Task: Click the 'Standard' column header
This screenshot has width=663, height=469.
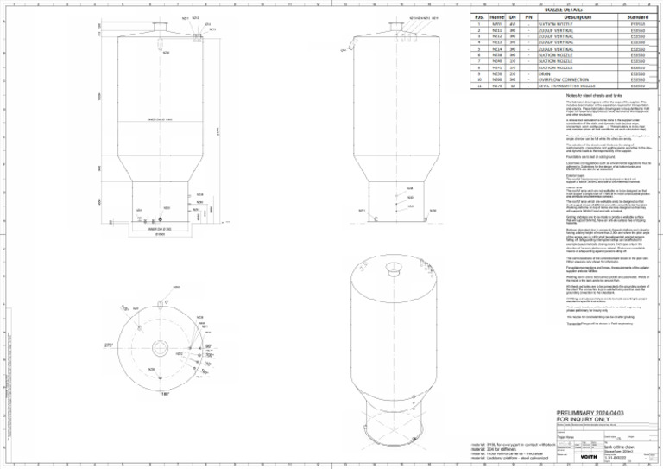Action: click(639, 16)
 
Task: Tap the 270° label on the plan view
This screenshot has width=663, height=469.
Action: click(109, 345)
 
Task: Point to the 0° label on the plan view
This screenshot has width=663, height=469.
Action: click(166, 301)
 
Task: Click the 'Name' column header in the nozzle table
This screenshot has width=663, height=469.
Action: click(497, 16)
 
